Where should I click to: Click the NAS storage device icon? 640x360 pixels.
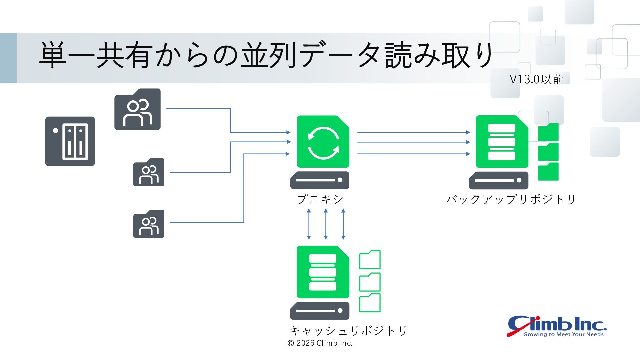70,141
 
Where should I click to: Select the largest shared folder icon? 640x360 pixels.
137,109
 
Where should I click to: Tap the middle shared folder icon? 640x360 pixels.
149,172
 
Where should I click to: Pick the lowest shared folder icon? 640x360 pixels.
149,224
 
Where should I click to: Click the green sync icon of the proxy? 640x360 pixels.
323,142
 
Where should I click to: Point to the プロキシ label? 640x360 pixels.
320,199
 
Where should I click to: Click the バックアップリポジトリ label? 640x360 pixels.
511,199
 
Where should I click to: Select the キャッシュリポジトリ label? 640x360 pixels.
349,330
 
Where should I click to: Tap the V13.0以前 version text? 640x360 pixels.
537,79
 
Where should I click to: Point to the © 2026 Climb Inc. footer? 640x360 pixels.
320,343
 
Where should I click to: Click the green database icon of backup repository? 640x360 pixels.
502,142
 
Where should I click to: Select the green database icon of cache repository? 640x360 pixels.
323,272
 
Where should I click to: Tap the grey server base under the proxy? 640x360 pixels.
320,180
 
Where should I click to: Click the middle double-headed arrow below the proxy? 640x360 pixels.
326,224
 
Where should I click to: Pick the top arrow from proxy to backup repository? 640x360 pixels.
414,132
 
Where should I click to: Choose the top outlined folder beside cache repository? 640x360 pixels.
370,260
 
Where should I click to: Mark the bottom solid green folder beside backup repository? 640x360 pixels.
548,171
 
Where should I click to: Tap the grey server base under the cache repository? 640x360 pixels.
320,311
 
